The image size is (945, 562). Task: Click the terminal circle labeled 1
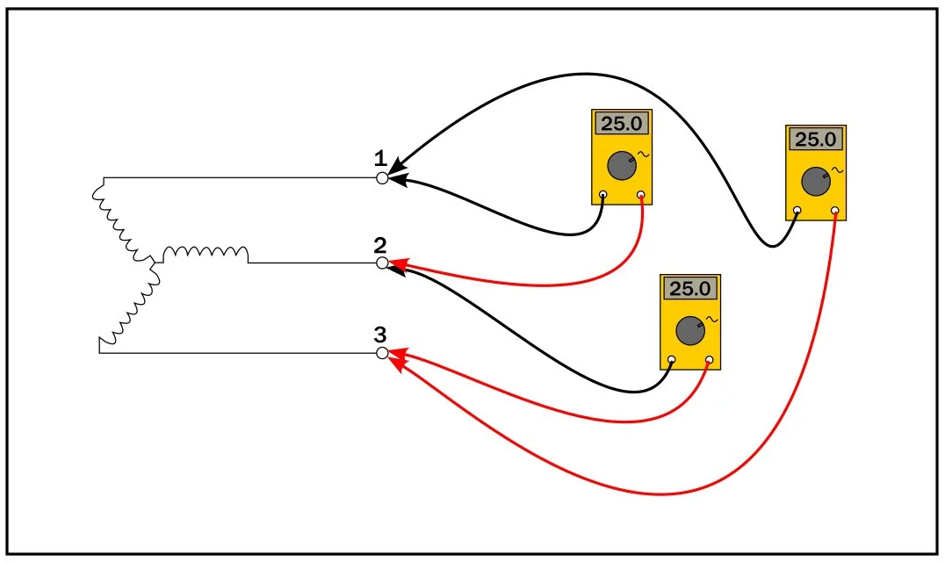pos(382,178)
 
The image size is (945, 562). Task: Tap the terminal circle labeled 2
pos(382,263)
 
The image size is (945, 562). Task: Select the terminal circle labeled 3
pos(382,353)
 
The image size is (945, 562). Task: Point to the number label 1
pos(380,159)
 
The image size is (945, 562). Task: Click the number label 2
pos(379,246)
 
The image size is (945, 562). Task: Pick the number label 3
pos(379,335)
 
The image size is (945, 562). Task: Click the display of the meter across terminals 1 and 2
pos(621,124)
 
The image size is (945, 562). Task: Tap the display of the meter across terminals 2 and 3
pos(690,289)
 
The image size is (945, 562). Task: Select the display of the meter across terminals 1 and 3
pos(815,140)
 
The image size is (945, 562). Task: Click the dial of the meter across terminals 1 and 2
pos(621,166)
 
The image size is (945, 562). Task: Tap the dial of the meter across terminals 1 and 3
pos(815,182)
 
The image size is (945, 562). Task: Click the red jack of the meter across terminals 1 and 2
pos(640,195)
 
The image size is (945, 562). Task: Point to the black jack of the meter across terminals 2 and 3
pos(671,360)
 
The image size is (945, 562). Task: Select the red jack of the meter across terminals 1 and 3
pos(834,211)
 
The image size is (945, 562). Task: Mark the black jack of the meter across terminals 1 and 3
pos(797,211)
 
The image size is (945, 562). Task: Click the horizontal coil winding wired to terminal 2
pos(206,254)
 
